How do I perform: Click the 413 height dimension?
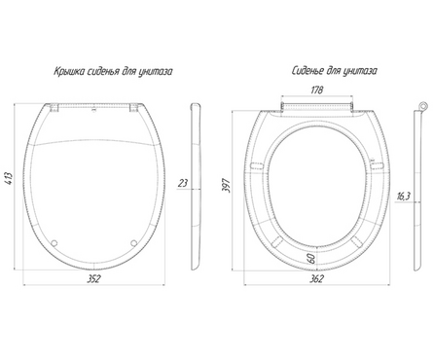click(x=10, y=178)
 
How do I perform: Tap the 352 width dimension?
click(x=93, y=278)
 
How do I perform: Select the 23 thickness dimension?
click(x=183, y=183)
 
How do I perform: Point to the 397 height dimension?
click(x=226, y=186)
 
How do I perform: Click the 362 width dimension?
click(x=316, y=278)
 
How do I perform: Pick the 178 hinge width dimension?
click(x=317, y=90)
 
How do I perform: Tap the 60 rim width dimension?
click(x=311, y=259)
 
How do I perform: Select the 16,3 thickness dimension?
click(x=404, y=196)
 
